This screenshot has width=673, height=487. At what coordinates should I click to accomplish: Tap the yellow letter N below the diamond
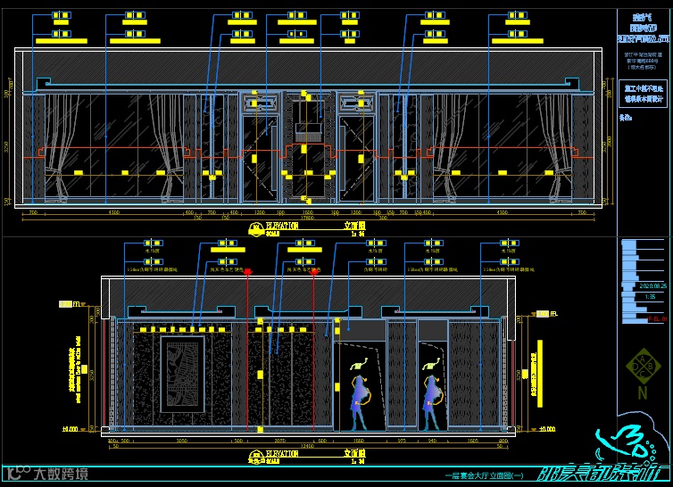[x=642, y=392]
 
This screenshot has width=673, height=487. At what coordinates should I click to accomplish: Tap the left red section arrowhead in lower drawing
[x=248, y=270]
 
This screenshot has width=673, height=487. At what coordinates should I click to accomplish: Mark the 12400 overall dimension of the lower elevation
[x=306, y=446]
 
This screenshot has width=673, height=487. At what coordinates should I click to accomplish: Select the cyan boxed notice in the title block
[x=643, y=94]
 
